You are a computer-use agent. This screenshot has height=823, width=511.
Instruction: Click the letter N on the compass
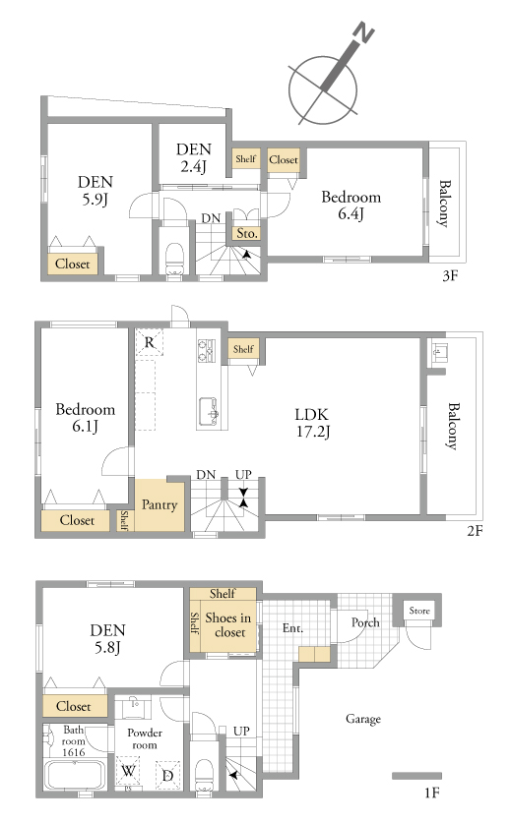click(363, 32)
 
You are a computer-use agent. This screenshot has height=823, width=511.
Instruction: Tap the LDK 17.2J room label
click(312, 423)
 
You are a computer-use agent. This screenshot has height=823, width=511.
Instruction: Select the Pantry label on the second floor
click(160, 505)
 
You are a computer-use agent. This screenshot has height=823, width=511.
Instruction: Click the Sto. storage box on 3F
click(246, 234)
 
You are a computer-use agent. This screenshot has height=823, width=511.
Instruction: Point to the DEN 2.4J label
click(193, 157)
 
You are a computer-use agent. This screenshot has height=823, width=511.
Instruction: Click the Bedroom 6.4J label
click(351, 206)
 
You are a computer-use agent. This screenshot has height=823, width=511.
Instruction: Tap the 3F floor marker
click(450, 275)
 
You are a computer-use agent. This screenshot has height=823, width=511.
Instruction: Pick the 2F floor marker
click(475, 531)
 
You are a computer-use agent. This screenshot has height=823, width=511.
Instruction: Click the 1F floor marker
click(431, 793)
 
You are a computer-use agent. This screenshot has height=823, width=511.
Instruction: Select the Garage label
click(363, 719)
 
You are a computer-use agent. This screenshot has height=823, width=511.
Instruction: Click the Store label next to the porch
click(419, 611)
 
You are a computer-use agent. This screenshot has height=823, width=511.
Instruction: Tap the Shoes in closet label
click(228, 625)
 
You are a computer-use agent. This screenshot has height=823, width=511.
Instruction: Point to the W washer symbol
click(128, 772)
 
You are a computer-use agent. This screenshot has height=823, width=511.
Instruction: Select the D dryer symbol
click(167, 775)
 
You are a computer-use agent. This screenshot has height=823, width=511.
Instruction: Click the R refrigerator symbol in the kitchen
click(150, 343)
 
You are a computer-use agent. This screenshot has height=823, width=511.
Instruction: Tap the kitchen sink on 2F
click(209, 412)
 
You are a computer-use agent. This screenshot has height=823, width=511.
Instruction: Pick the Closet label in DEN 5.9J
click(73, 265)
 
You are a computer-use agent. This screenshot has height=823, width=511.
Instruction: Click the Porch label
click(365, 622)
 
